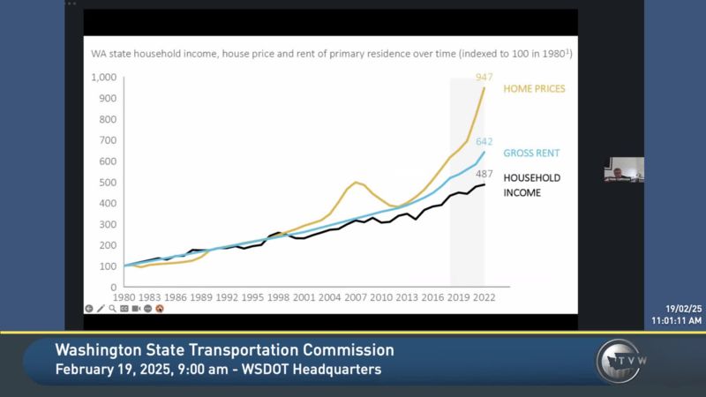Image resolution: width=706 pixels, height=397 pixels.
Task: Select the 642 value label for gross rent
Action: (484, 142)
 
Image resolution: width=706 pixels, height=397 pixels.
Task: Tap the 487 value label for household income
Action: (484, 175)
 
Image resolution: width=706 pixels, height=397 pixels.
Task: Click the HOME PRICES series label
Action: (534, 89)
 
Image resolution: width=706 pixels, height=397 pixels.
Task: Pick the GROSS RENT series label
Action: (532, 153)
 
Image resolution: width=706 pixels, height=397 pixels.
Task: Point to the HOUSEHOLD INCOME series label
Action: (532, 184)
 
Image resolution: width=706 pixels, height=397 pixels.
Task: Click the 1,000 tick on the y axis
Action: (103, 77)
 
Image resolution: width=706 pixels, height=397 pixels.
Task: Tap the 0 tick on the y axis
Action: (114, 287)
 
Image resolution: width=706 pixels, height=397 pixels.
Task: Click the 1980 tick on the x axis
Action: (124, 298)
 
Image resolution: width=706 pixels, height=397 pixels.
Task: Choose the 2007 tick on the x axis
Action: (356, 298)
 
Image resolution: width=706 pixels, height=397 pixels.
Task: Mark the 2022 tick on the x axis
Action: (484, 298)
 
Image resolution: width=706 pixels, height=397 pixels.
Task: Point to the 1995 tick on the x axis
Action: (252, 298)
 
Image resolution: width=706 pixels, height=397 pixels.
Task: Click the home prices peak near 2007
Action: (356, 183)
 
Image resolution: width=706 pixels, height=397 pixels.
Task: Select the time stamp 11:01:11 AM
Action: (677, 319)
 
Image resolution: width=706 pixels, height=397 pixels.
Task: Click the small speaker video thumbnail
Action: (623, 169)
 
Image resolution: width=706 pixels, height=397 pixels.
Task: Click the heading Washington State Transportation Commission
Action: (225, 350)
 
